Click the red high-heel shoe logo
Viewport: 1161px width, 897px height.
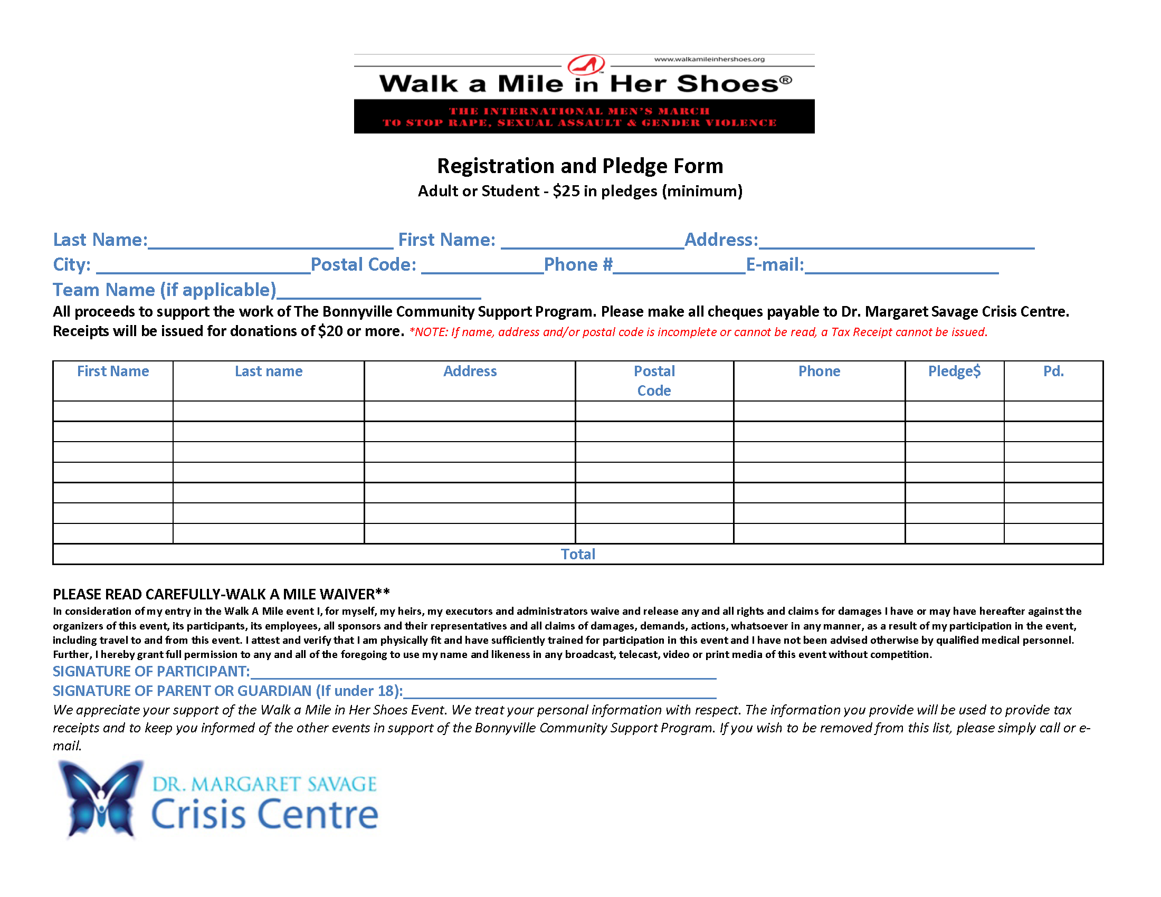[x=586, y=65]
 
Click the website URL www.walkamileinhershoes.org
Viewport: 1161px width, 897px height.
[x=709, y=59]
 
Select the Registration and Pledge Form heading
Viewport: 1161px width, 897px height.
[x=580, y=166]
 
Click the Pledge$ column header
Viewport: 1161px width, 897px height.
[x=954, y=371]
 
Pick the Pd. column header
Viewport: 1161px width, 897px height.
[x=1053, y=371]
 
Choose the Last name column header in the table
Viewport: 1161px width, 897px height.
[x=269, y=371]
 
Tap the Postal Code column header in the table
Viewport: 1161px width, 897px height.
[x=654, y=380]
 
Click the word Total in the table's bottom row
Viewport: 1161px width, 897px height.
[x=578, y=554]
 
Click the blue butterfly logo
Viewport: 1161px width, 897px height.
[x=101, y=798]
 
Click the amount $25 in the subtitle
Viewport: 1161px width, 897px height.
[x=566, y=191]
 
